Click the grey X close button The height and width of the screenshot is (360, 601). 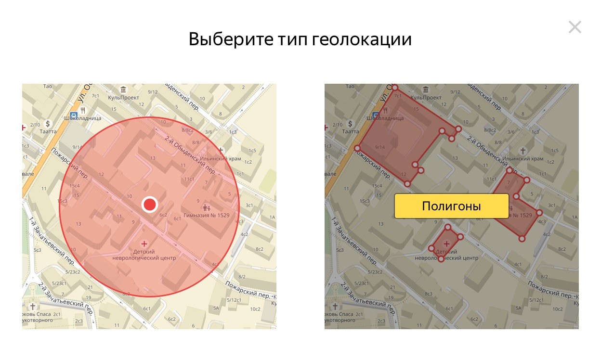(575, 27)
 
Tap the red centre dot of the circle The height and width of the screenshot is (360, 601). (150, 205)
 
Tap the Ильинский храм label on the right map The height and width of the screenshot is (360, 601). (523, 158)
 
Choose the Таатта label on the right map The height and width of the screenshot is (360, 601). (350, 131)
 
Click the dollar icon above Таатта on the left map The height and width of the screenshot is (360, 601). (48, 123)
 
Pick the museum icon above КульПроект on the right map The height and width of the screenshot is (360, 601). (426, 90)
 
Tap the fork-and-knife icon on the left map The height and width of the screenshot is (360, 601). (83, 109)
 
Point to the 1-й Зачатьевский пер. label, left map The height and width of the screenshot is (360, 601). (51, 241)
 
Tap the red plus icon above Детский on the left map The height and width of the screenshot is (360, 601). (144, 244)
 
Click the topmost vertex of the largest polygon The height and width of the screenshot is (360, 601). (395, 88)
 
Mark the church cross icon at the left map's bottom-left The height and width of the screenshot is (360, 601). (33, 306)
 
